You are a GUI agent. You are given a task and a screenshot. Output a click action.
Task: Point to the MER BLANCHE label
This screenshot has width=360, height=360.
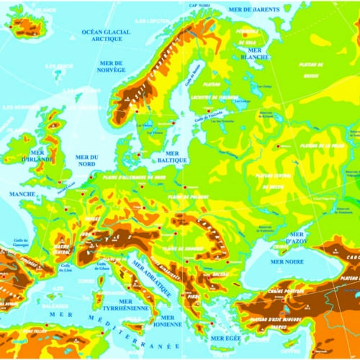[255, 53]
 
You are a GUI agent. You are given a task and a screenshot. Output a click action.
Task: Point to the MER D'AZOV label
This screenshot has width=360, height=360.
[296, 237]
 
